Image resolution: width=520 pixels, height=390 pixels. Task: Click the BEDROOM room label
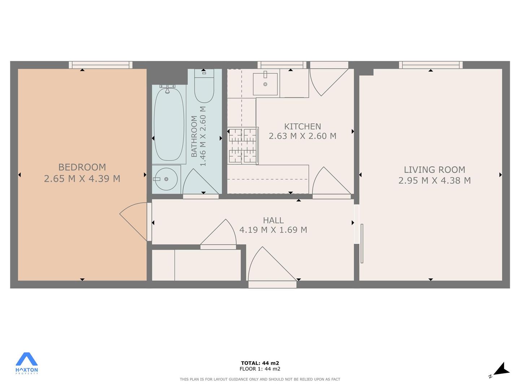tap(82, 167)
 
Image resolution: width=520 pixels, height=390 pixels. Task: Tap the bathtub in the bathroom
tap(169, 124)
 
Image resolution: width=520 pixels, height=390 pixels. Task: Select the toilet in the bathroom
tap(204, 86)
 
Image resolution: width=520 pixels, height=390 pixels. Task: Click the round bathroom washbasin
tap(166, 179)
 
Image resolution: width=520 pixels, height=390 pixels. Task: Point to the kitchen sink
tap(265, 84)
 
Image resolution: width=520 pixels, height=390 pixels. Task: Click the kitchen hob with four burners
tap(243, 146)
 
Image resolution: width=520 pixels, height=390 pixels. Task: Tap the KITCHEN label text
tap(303, 127)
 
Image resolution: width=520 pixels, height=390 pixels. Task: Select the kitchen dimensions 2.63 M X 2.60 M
tap(303, 136)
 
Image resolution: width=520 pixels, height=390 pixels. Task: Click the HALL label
tap(273, 220)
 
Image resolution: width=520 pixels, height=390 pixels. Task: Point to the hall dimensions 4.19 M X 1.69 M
tap(273, 230)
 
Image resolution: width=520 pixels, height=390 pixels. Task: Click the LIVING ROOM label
tap(434, 170)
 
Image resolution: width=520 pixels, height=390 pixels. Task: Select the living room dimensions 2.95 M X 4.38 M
tap(434, 181)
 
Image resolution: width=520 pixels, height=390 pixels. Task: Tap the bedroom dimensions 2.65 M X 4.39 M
tap(82, 178)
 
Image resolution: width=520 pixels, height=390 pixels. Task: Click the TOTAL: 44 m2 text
tap(260, 363)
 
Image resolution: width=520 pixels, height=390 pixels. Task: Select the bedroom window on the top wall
tap(101, 65)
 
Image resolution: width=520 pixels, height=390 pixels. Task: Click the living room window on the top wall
tap(431, 65)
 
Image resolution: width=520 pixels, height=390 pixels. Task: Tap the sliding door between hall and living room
tap(362, 243)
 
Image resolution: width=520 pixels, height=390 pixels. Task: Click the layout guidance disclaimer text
tap(260, 379)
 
